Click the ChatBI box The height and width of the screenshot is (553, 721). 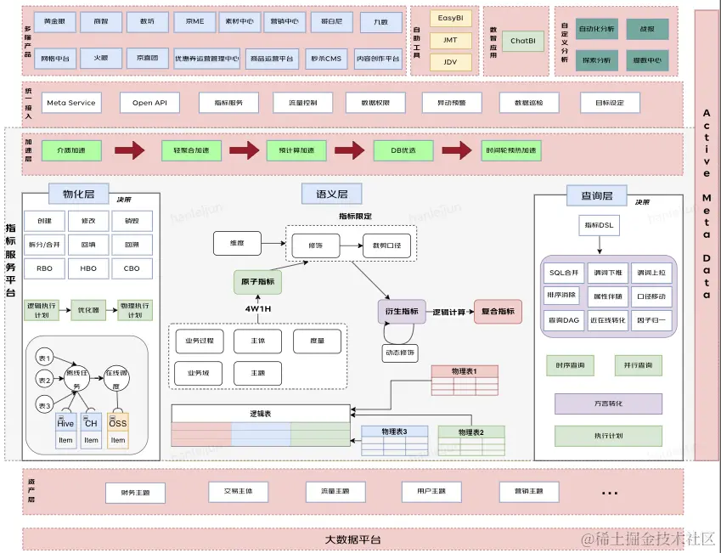pyautogui.click(x=523, y=40)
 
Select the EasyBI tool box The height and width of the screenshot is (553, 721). pyautogui.click(x=450, y=18)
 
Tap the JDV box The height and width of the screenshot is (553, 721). pyautogui.click(x=450, y=62)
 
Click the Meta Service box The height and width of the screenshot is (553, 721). pyautogui.click(x=71, y=103)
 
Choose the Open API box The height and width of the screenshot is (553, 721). pyautogui.click(x=149, y=103)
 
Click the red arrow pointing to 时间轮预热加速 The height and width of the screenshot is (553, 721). pyautogui.click(x=455, y=150)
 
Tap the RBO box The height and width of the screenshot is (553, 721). pyautogui.click(x=44, y=268)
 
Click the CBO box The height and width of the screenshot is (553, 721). pyautogui.click(x=132, y=268)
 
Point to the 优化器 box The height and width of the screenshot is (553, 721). pyautogui.click(x=87, y=309)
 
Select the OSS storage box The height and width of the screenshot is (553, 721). pyautogui.click(x=118, y=423)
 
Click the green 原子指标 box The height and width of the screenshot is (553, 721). pyautogui.click(x=257, y=282)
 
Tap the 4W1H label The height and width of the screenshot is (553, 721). pyautogui.click(x=257, y=308)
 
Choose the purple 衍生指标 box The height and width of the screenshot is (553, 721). pyautogui.click(x=398, y=312)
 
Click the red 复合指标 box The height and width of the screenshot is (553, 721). pyautogui.click(x=498, y=312)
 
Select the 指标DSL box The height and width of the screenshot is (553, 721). pyautogui.click(x=598, y=226)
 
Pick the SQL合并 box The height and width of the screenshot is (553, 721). pyautogui.click(x=564, y=273)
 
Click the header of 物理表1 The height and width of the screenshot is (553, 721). pyautogui.click(x=464, y=370)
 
